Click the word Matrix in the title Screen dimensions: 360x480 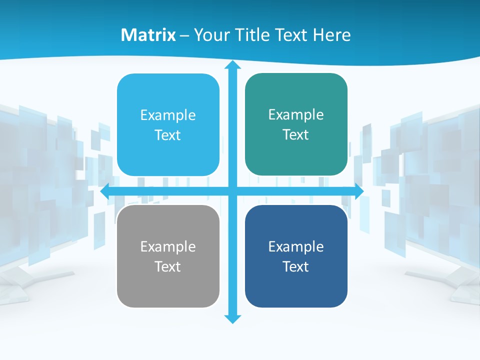[148, 35]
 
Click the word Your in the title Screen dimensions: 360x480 [211, 35]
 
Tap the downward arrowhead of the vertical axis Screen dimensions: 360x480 [232, 318]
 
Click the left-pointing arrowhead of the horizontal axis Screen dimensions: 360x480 [105, 191]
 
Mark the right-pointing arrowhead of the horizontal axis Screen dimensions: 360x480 [358, 191]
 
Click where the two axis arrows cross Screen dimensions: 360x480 [232, 191]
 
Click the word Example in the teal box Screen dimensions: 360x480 [296, 115]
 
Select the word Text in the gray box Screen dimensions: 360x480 [167, 266]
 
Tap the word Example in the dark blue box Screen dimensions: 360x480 [296, 246]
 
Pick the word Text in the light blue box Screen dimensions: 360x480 [167, 135]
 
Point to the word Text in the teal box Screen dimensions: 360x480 [295, 134]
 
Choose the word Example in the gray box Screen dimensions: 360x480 [168, 246]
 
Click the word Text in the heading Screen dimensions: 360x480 [292, 35]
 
